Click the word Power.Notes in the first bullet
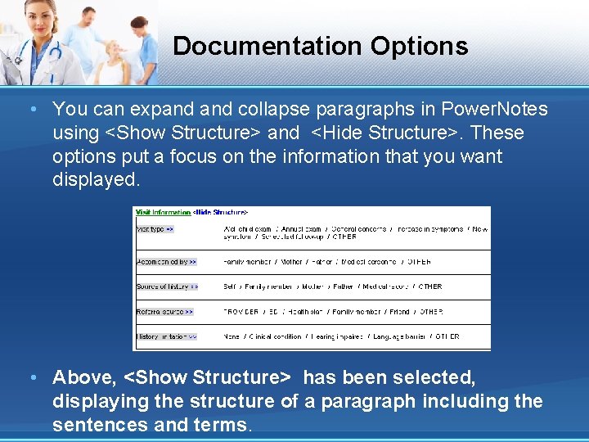[x=494, y=109]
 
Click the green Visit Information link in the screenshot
[x=163, y=212]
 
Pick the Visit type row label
[x=155, y=229]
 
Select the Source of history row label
[x=167, y=286]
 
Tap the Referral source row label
[x=164, y=312]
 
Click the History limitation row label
[x=166, y=336]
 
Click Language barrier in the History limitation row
[x=398, y=336]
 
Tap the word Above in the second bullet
[x=84, y=377]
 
